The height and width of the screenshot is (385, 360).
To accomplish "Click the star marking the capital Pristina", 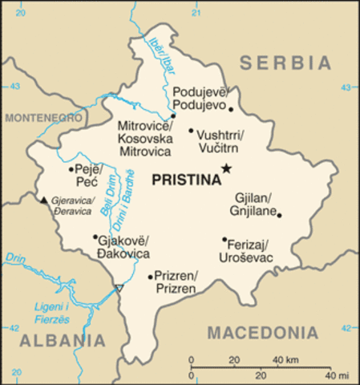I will [x=227, y=168].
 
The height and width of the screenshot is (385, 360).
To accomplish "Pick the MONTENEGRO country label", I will [x=44, y=118].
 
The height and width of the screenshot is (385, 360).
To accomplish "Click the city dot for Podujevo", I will [x=230, y=108].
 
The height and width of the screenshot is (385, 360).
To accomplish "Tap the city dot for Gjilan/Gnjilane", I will [x=279, y=214].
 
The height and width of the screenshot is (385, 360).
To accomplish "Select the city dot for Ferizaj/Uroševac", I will [x=224, y=238].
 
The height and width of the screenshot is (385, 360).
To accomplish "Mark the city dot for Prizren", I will [x=151, y=277].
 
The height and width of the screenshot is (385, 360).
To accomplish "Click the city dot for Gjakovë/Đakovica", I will [x=95, y=237].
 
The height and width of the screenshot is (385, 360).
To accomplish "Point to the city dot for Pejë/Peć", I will [x=71, y=169].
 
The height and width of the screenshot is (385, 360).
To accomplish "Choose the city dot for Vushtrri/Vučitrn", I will [x=191, y=130].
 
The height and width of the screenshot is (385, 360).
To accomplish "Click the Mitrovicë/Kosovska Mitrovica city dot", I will [x=172, y=115].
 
